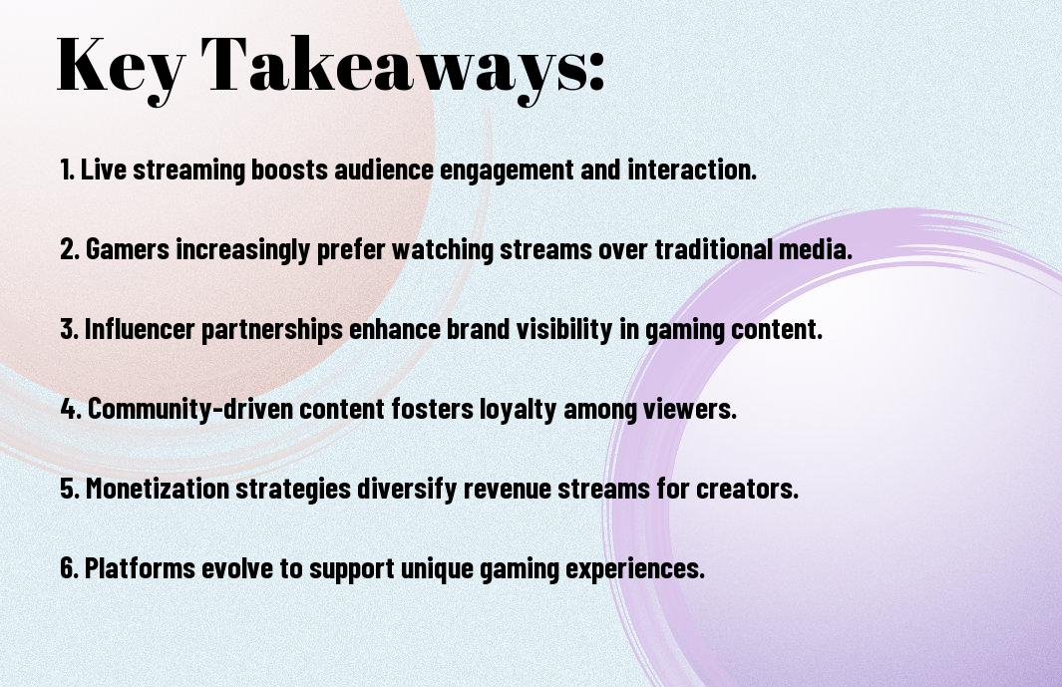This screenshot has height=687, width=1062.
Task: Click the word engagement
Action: click(x=507, y=171)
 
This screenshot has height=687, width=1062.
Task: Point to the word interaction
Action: click(x=691, y=170)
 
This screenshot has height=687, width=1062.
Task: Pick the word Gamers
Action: click(x=128, y=249)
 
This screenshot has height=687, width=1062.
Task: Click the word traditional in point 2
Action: click(x=713, y=249)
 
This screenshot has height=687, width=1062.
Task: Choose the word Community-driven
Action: click(x=190, y=409)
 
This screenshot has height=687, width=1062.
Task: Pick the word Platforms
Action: click(x=141, y=568)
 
